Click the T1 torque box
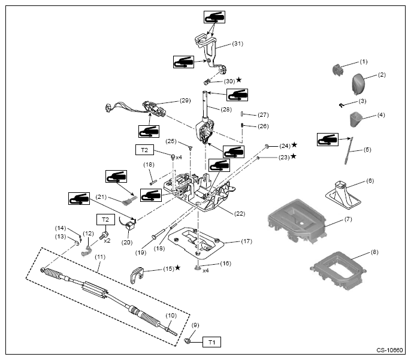(211, 342)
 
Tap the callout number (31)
(237, 44)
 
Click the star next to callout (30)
(238, 80)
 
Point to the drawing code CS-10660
(389, 350)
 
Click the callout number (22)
(240, 213)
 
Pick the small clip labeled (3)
(341, 105)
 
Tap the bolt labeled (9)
(187, 341)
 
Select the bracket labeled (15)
(137, 274)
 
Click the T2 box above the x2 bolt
(105, 220)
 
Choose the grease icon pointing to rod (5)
(328, 140)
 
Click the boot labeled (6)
(343, 195)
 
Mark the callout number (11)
(100, 257)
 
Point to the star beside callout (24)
(294, 144)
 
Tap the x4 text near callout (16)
(205, 271)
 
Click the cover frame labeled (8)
(338, 271)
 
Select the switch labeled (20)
(129, 225)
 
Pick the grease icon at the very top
(214, 17)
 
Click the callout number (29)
(185, 101)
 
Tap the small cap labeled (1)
(338, 70)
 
